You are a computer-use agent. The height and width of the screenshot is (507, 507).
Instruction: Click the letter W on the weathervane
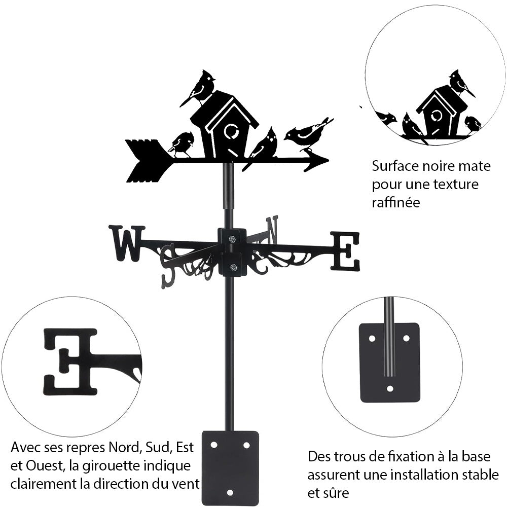126,243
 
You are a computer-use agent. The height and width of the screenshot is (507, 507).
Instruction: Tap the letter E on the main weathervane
345,250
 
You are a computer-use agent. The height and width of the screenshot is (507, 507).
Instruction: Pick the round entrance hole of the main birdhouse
230,133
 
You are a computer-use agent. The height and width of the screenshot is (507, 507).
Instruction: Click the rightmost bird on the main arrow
307,134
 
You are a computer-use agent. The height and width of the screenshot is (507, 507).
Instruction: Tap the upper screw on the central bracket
232,239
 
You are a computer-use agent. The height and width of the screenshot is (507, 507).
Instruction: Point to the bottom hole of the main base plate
230,492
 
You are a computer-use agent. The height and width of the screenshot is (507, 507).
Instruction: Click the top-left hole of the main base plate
214,445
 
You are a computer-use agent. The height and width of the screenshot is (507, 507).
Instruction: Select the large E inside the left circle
70,361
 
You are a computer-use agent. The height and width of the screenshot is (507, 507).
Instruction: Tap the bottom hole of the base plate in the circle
389,389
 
